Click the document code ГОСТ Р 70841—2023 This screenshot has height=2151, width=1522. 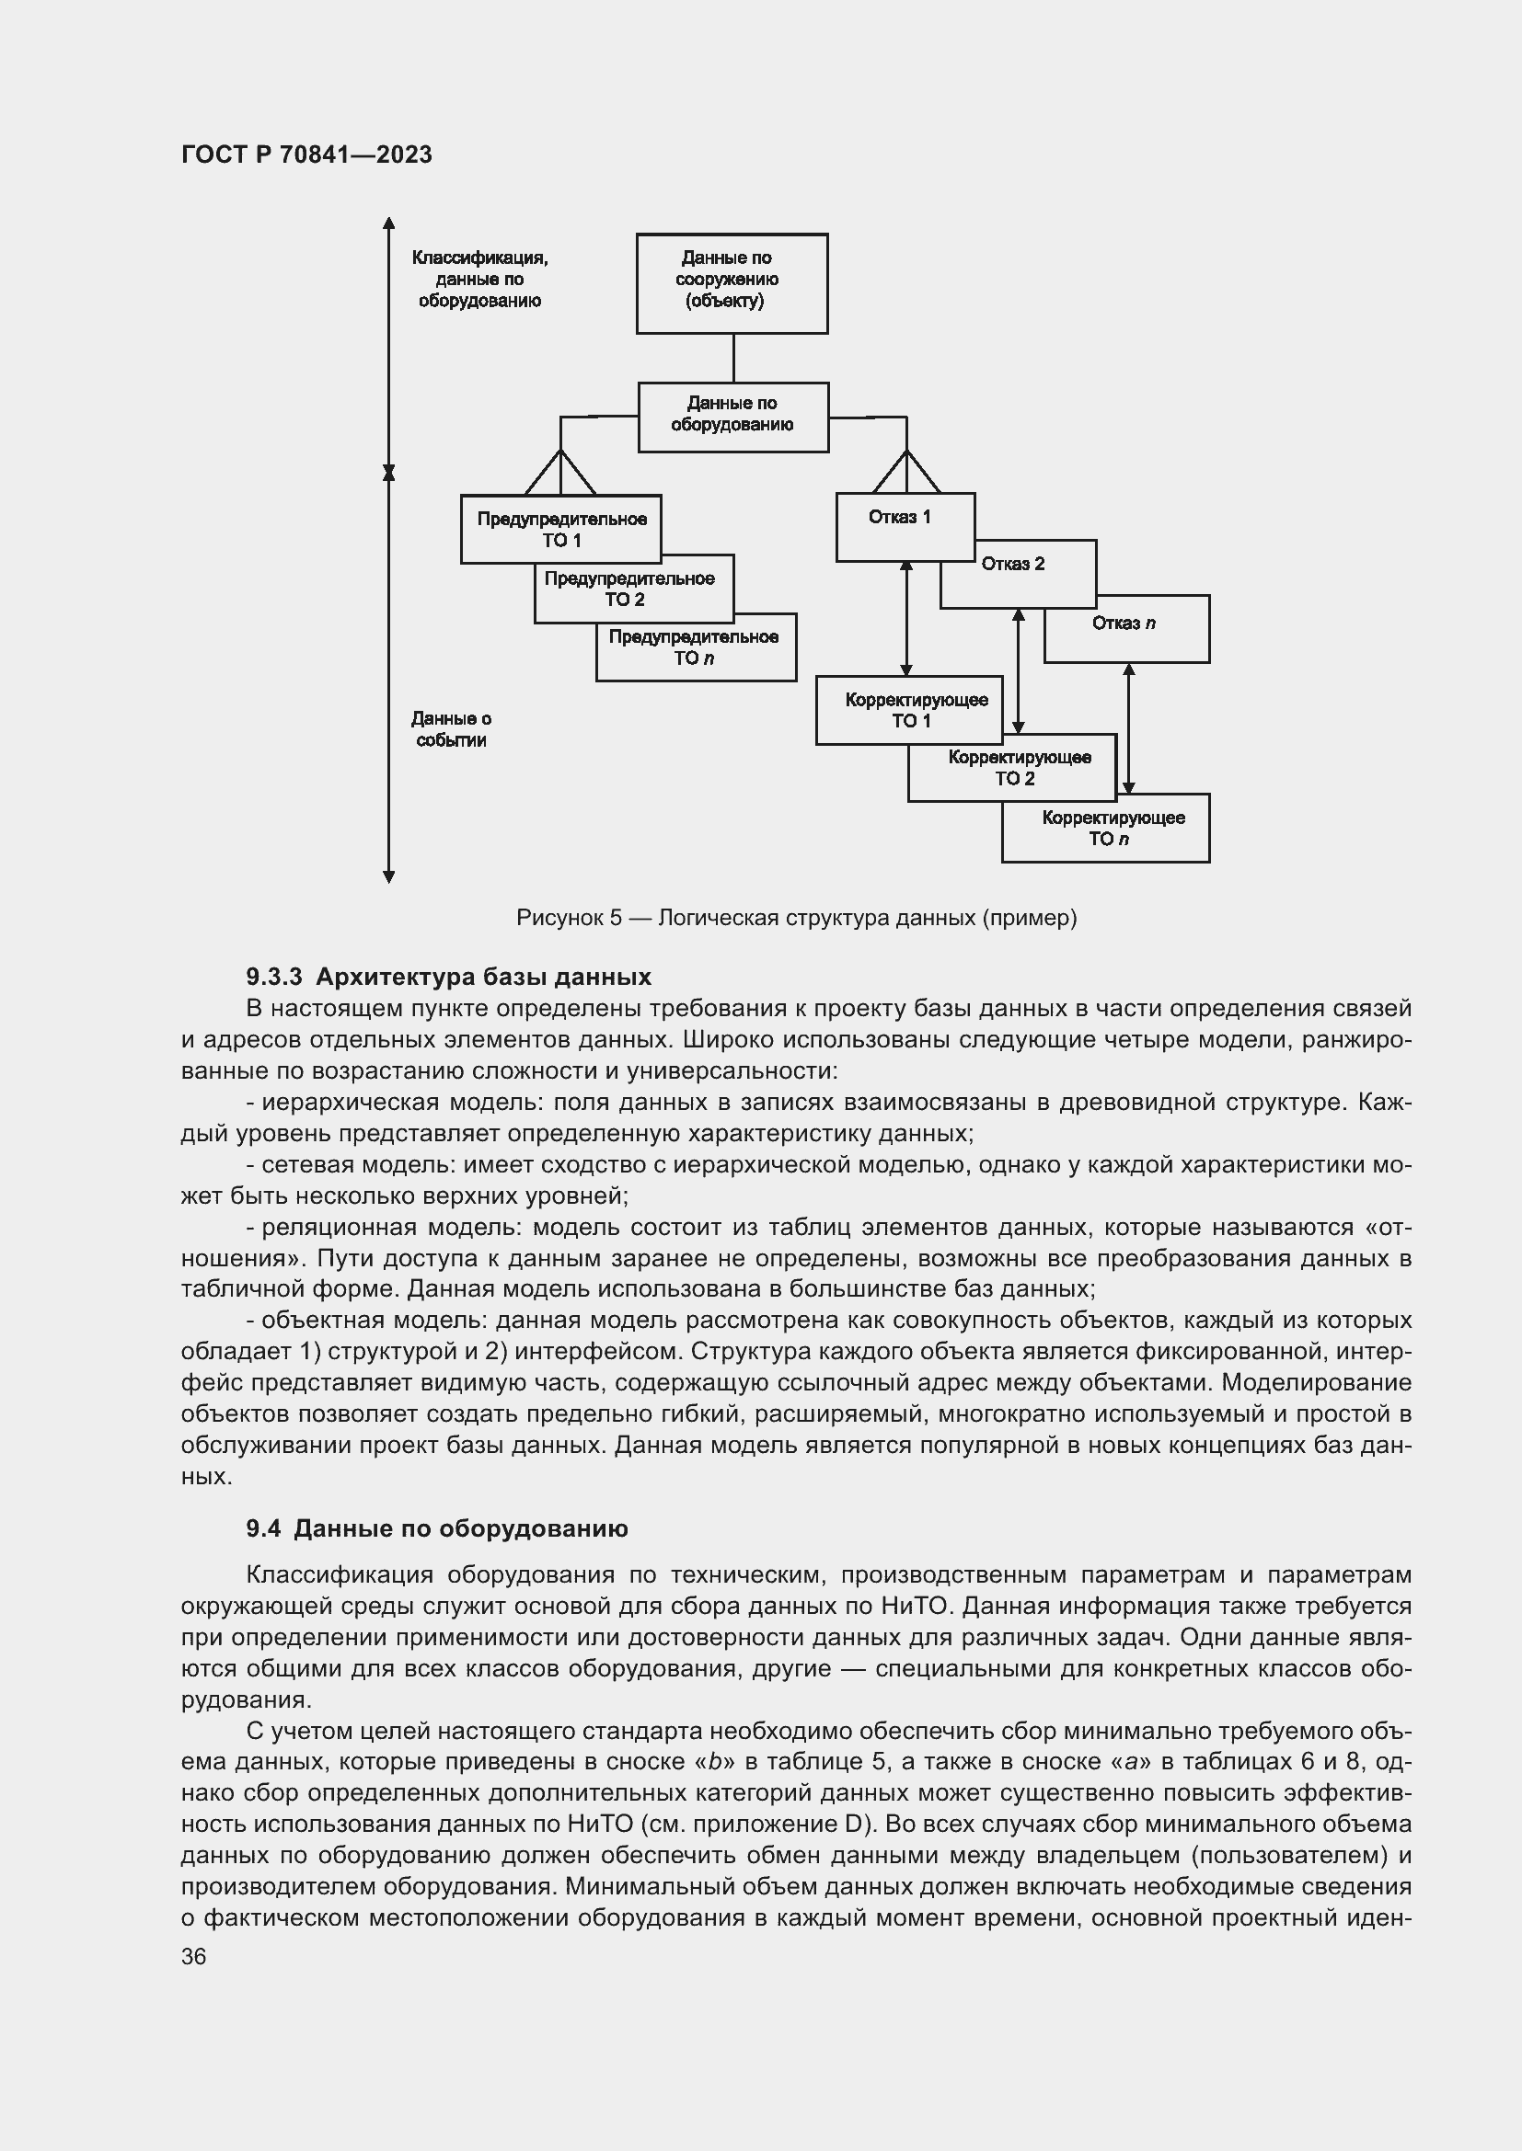pyautogui.click(x=306, y=154)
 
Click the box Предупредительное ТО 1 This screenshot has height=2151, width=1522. pyautogui.click(x=560, y=530)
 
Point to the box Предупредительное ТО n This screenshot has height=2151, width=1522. pyautogui.click(x=695, y=647)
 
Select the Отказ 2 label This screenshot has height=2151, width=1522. pyautogui.click(x=1012, y=564)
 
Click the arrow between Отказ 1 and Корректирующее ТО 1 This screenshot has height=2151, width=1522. pyautogui.click(x=906, y=618)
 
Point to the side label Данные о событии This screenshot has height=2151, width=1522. pyautogui.click(x=451, y=730)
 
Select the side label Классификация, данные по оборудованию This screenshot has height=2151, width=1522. pyautogui.click(x=479, y=280)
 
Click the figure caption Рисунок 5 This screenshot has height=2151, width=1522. pyautogui.click(x=796, y=918)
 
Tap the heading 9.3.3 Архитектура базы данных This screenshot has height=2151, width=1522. pyautogui.click(x=448, y=978)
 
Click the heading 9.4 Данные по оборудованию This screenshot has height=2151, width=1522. pyautogui.click(x=437, y=1529)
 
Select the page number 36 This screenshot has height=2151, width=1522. pyautogui.click(x=194, y=1957)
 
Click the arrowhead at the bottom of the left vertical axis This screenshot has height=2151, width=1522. pyautogui.click(x=389, y=877)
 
